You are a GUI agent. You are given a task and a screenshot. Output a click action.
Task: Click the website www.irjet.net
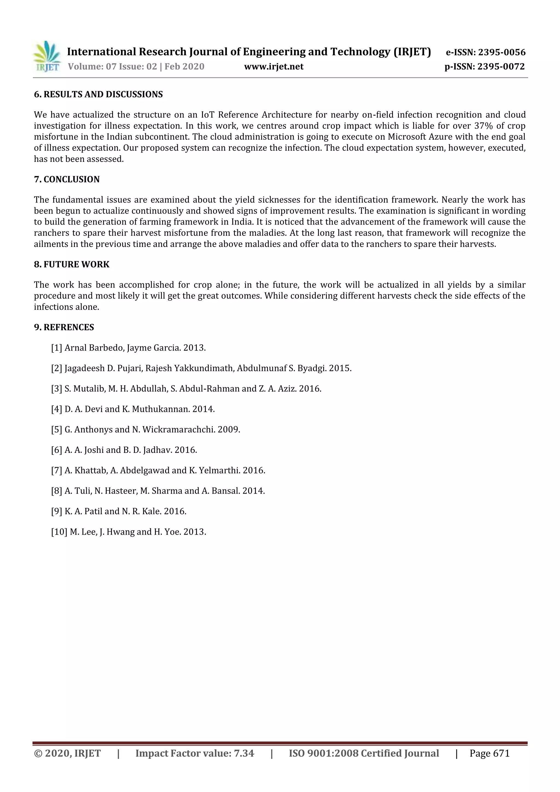point(274,66)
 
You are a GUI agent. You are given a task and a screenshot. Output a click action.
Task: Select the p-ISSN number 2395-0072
point(501,66)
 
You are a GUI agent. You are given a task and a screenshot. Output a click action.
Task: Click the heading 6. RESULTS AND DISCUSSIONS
point(98,95)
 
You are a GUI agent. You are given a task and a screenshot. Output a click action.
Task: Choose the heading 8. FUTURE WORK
point(71,264)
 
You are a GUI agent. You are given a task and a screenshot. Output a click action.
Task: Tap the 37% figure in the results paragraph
point(483,126)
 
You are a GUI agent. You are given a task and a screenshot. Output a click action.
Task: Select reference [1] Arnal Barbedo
point(128,348)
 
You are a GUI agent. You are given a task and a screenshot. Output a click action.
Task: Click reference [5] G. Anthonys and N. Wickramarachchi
point(145,429)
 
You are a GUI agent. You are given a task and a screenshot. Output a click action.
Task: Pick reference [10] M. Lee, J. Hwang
point(129,532)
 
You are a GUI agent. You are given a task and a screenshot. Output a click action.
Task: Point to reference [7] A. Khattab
point(158,470)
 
